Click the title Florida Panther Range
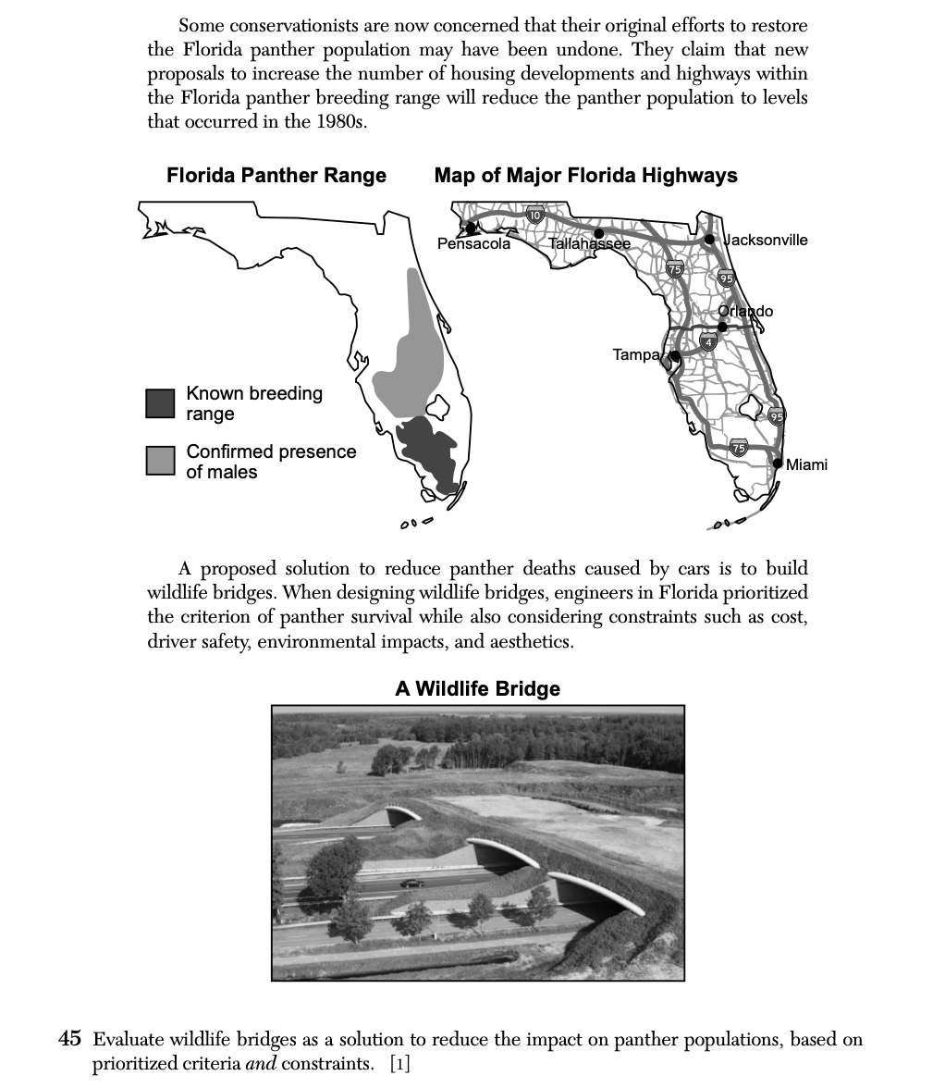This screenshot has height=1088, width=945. tap(276, 176)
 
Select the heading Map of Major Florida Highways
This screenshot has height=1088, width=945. tap(585, 176)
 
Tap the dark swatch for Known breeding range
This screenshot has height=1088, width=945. tap(160, 403)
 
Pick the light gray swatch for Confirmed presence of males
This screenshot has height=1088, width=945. tap(160, 461)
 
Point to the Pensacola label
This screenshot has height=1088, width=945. tap(473, 244)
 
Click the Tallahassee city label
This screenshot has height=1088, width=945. tap(589, 244)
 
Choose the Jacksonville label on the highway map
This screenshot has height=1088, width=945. tap(766, 241)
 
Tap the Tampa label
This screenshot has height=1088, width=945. tap(636, 354)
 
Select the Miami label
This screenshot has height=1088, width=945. tap(806, 464)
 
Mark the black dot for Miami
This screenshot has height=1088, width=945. tap(779, 463)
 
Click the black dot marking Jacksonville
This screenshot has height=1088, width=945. tap(709, 240)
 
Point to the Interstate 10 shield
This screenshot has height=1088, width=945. tap(534, 216)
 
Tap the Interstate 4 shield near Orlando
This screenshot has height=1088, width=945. tap(708, 343)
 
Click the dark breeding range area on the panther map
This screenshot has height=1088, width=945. tap(430, 449)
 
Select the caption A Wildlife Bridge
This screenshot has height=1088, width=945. tap(477, 689)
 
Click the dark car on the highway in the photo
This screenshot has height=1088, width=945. tap(412, 884)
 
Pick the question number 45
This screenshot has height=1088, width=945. tap(70, 1040)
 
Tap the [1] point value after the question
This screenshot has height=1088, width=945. tap(400, 1064)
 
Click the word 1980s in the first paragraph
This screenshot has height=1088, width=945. tap(336, 122)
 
